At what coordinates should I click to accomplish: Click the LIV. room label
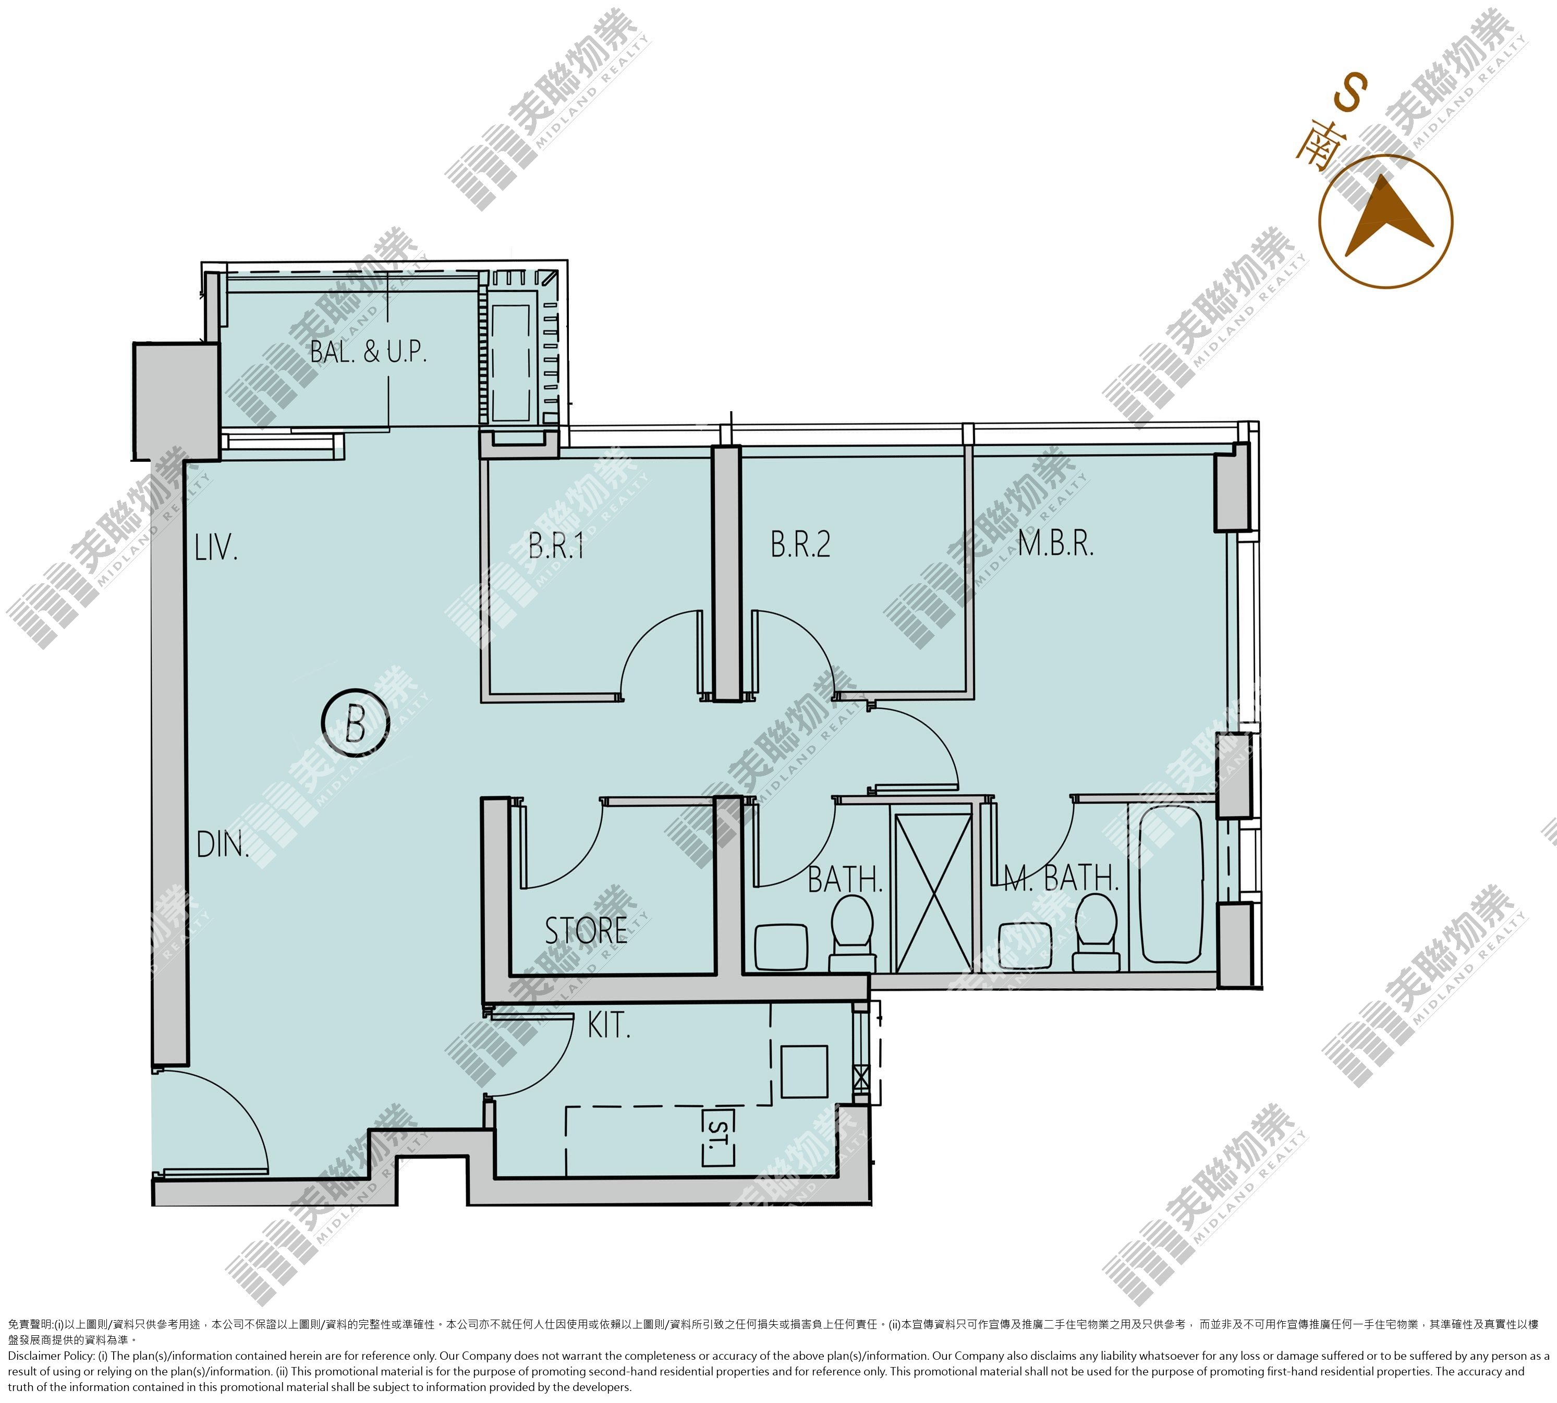click(x=216, y=548)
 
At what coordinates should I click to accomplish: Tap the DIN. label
click(x=223, y=845)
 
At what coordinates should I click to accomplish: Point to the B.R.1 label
click(x=556, y=546)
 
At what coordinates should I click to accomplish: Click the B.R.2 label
click(x=800, y=544)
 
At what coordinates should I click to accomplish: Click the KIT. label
click(x=609, y=1026)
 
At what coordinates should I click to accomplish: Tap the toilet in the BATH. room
click(x=852, y=933)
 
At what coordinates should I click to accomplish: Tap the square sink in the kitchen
click(x=805, y=1072)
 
